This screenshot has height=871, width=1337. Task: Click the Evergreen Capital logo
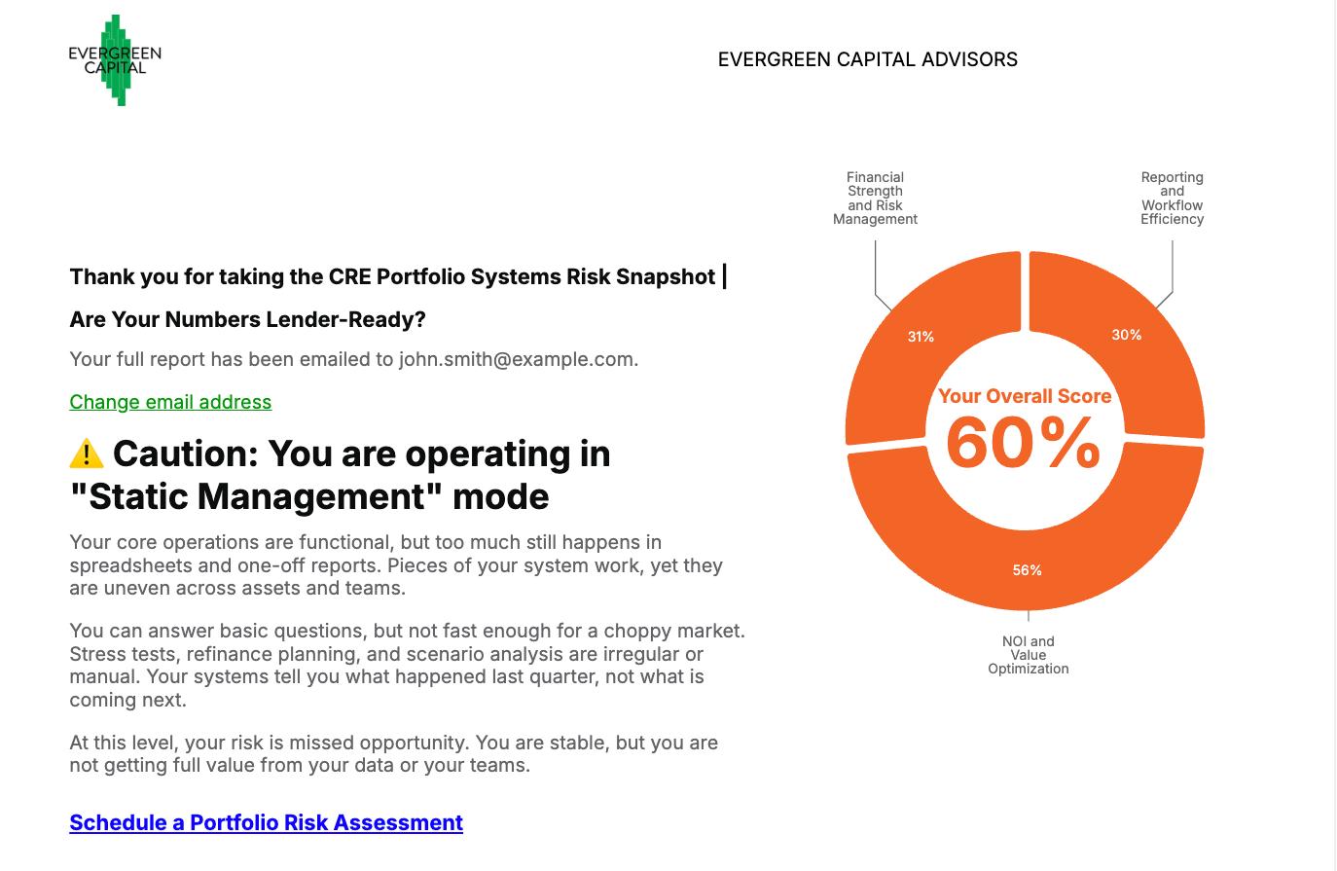[115, 60]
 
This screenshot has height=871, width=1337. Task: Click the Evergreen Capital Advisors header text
[867, 59]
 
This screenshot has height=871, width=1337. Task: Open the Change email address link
[170, 402]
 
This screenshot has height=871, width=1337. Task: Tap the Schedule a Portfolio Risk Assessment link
[267, 822]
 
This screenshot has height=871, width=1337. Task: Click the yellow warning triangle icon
[87, 454]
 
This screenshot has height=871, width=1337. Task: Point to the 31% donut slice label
[921, 337]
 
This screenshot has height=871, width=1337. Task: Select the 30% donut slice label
[1126, 335]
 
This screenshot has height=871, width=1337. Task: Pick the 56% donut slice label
[1027, 570]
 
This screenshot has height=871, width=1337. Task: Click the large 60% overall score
[1023, 443]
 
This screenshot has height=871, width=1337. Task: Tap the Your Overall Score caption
[1025, 396]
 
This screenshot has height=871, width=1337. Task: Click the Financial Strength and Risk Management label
[875, 199]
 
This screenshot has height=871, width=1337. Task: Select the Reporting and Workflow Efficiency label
[1173, 199]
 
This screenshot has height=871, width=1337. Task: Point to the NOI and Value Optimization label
[1028, 655]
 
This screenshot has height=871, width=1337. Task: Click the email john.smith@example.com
[516, 359]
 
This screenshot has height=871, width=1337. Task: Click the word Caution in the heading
[185, 454]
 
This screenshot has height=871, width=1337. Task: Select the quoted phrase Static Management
[256, 496]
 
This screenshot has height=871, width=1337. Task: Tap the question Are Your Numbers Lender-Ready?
[248, 319]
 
